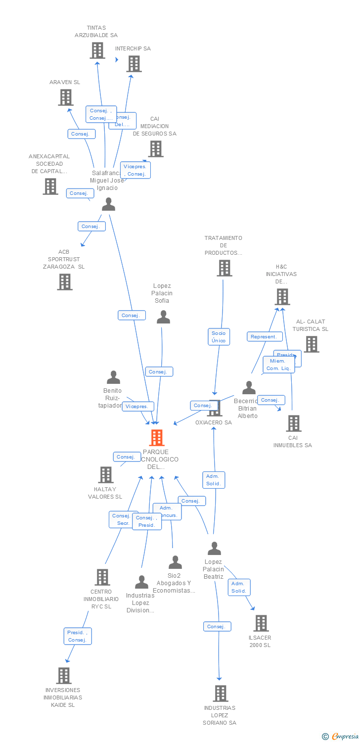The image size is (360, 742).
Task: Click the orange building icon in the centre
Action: [157, 438]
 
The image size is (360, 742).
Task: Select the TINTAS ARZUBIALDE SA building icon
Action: [97, 50]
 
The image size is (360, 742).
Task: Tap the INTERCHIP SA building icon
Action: [134, 64]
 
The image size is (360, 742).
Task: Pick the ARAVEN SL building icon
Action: [66, 97]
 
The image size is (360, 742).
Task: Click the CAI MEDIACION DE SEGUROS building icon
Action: [156, 148]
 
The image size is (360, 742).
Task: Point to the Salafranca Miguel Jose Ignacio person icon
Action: [108, 204]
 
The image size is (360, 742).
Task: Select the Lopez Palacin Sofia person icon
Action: [163, 317]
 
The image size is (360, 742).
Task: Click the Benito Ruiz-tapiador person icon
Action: [114, 377]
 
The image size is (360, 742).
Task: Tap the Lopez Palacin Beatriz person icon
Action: [214, 549]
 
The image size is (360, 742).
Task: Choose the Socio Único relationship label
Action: [219, 337]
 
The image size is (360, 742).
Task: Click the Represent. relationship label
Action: [265, 337]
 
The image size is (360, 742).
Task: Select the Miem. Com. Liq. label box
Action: [279, 365]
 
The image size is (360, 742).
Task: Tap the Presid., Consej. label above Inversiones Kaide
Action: [78, 636]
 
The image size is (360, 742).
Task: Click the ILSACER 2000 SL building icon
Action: [261, 623]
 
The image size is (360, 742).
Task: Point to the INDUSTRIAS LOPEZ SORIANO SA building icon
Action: [221, 694]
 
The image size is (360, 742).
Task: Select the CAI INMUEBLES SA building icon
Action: [294, 423]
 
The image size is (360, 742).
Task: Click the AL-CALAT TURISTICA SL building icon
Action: [312, 344]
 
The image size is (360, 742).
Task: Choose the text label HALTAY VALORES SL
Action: [105, 493]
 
